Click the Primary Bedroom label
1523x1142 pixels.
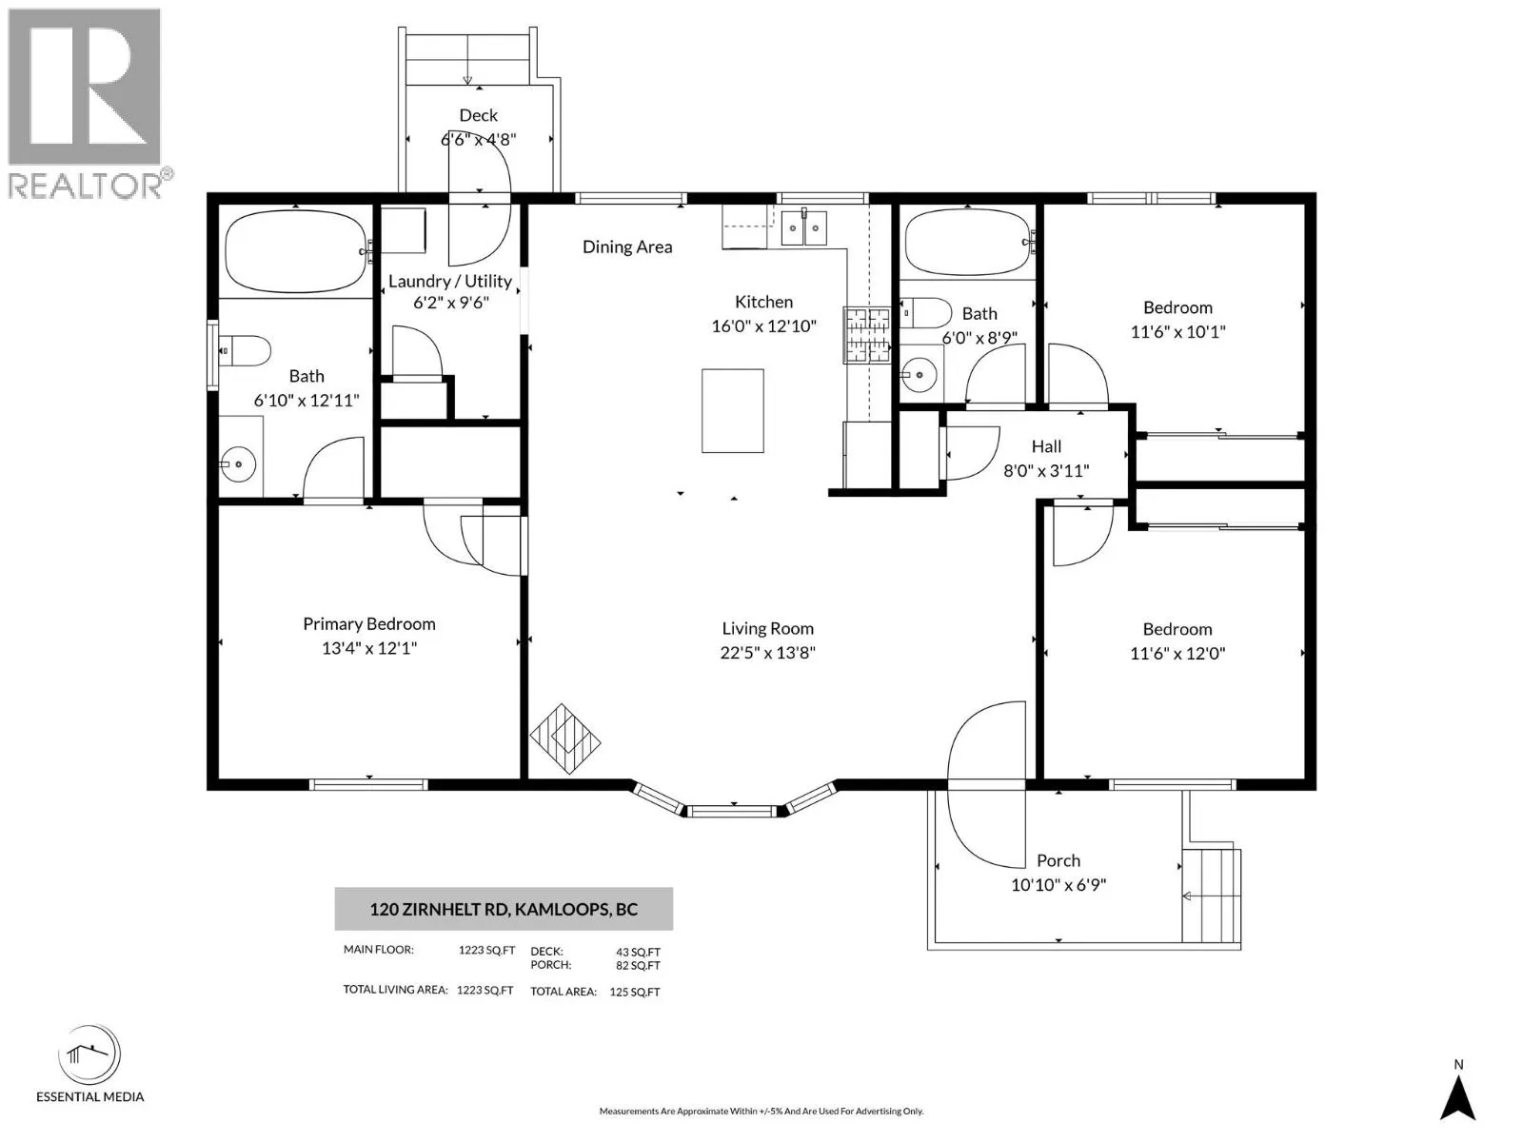[x=369, y=624]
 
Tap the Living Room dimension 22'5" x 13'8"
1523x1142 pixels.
[x=767, y=653]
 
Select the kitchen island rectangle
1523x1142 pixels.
[x=733, y=411]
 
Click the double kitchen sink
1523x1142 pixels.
[x=804, y=227]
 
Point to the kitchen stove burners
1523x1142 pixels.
[x=867, y=336]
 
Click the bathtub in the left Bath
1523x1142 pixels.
[x=296, y=251]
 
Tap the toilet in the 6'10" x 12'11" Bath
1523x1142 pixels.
[x=245, y=351]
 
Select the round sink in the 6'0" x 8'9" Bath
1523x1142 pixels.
[x=920, y=375]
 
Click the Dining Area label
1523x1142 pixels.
[x=627, y=246]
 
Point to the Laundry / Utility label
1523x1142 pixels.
[x=450, y=281]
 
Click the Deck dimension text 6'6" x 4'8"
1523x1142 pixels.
[x=479, y=139]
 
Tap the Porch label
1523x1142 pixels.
[x=1058, y=860]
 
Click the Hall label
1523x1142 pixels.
[x=1046, y=446]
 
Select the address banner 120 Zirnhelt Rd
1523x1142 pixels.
[x=504, y=909]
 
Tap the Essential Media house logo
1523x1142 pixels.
[x=89, y=1053]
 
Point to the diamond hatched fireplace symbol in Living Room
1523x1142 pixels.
[x=565, y=739]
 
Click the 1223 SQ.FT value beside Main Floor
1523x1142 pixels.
[x=486, y=950]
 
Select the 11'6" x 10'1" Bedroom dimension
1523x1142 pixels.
[x=1178, y=331]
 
